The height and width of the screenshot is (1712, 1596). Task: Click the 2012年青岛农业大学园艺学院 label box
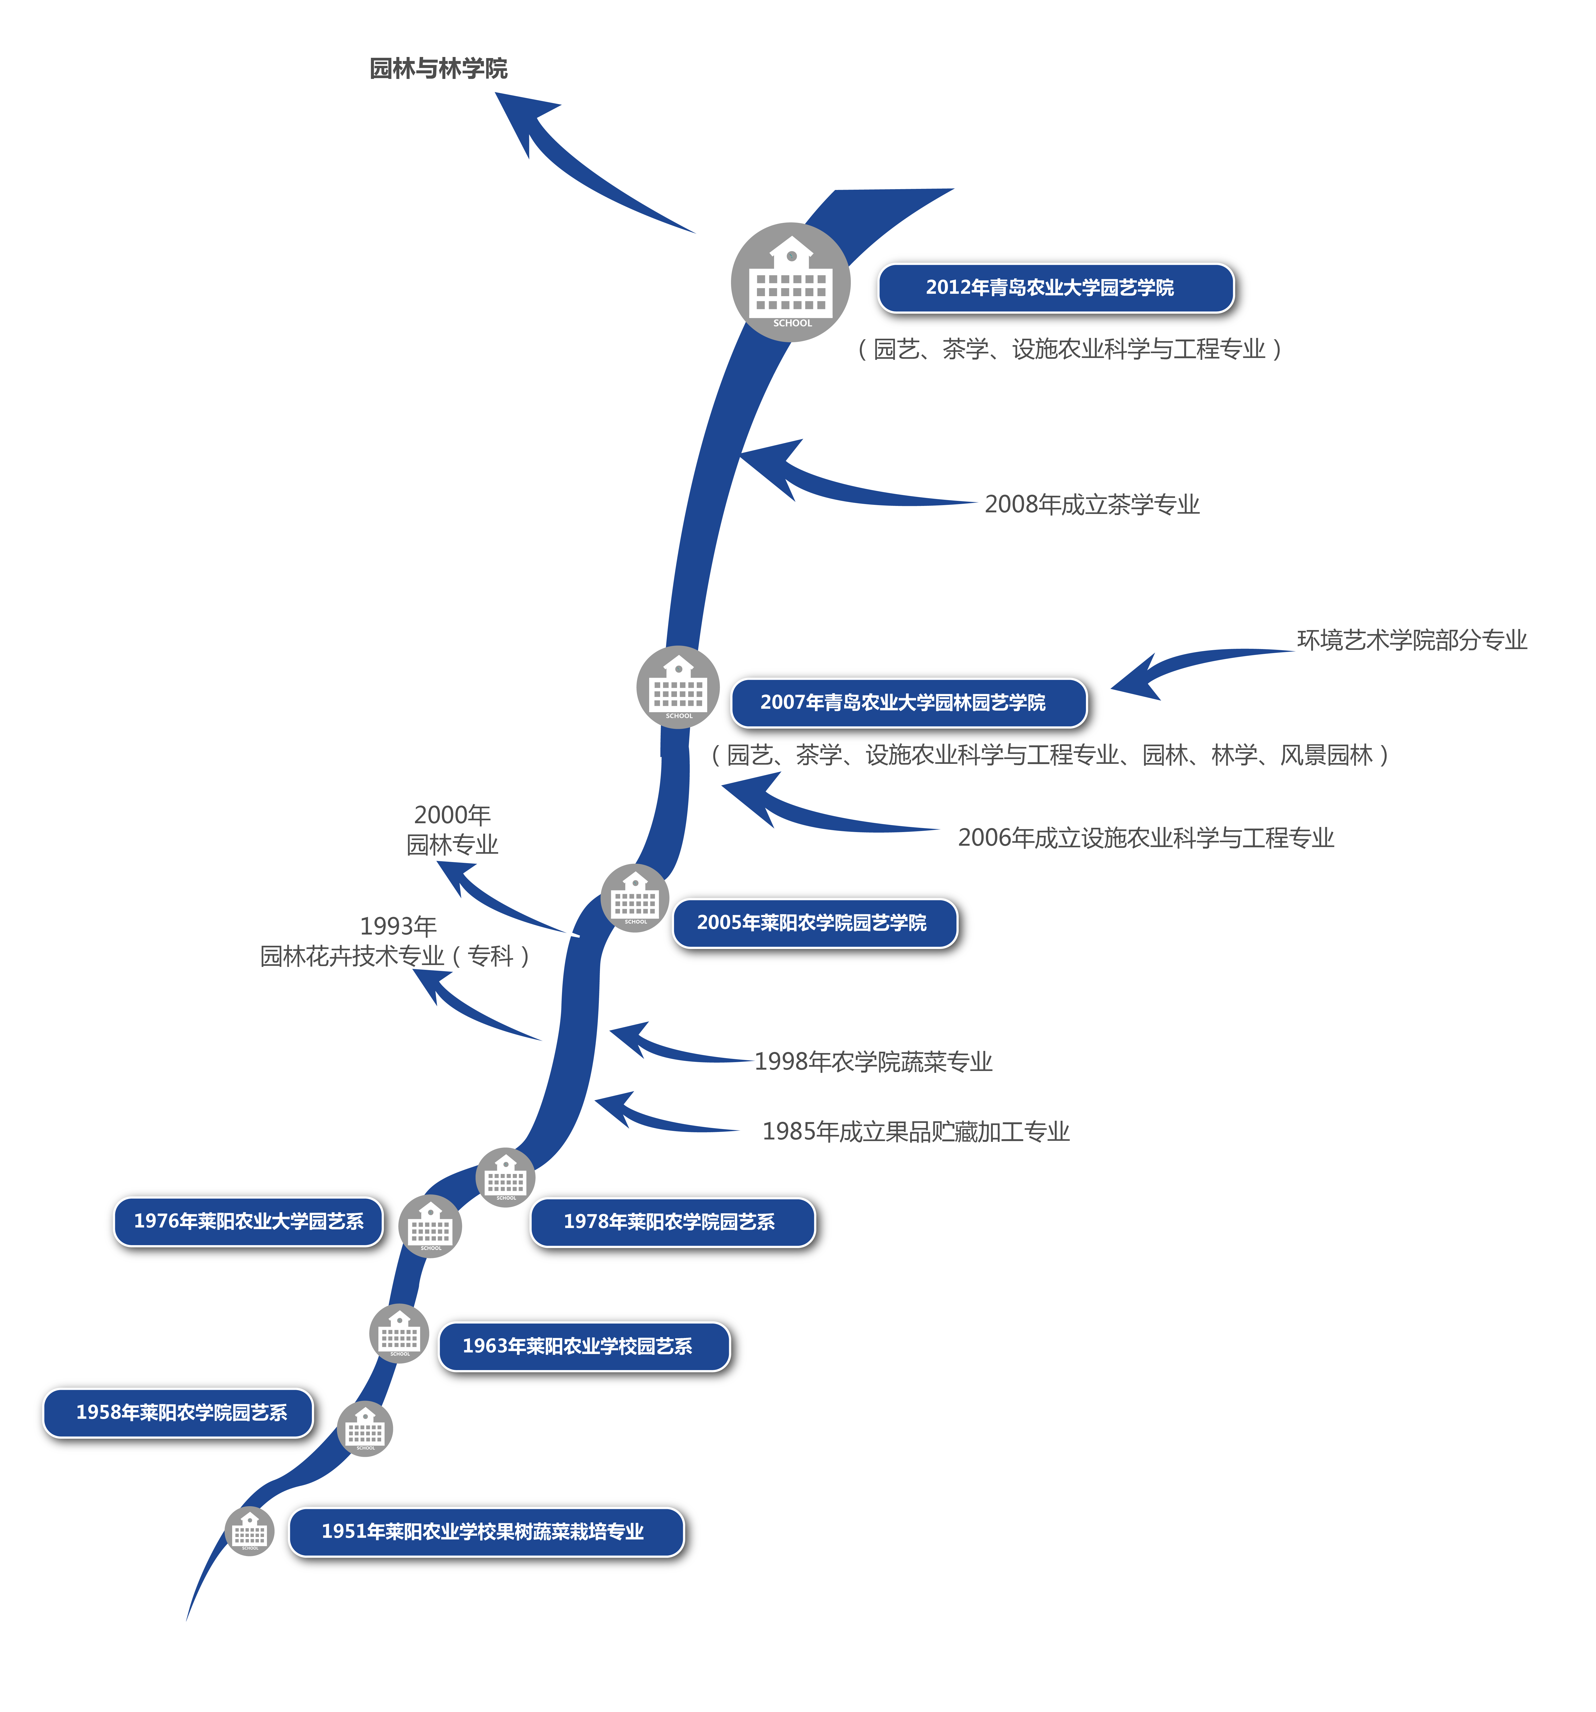tap(1055, 288)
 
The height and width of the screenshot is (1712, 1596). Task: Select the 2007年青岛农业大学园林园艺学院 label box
tap(908, 703)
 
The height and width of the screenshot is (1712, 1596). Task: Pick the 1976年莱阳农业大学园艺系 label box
tap(248, 1221)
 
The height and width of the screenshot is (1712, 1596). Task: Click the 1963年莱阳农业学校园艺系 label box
tap(584, 1346)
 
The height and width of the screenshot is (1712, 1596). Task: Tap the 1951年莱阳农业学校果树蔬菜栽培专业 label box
tap(485, 1531)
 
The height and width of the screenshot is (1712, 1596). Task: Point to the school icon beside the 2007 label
tap(678, 687)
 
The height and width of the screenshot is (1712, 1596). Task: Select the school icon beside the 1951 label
tap(250, 1531)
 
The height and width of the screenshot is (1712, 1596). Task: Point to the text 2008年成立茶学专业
tap(1092, 505)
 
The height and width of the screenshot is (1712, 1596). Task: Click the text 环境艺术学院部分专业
tap(1412, 640)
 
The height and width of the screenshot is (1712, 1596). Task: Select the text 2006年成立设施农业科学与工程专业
tap(1146, 838)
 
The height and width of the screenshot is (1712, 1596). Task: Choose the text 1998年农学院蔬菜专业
tap(874, 1062)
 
